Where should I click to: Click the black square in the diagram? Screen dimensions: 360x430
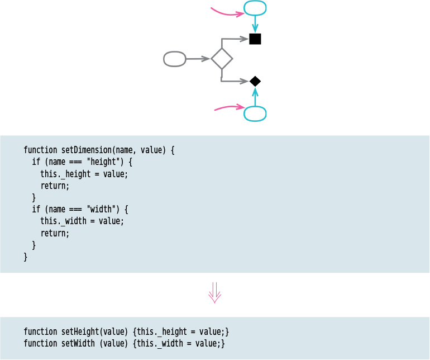[255, 39]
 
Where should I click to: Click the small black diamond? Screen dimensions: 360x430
[255, 82]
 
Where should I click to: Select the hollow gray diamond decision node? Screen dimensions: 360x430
[222, 59]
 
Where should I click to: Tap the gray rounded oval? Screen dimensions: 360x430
[175, 59]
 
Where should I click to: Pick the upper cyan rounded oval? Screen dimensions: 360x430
[255, 8]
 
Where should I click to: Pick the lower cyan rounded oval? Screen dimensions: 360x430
[255, 113]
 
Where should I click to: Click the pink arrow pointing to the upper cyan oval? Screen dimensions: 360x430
[226, 12]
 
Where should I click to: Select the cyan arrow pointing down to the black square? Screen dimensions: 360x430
[255, 24]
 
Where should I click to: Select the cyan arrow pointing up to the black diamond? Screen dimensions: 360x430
[255, 97]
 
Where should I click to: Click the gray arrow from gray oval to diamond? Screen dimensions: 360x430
[198, 59]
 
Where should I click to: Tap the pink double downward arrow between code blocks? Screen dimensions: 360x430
[215, 292]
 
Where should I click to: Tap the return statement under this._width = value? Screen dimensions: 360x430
[55, 233]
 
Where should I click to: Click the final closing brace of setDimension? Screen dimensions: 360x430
[25, 257]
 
